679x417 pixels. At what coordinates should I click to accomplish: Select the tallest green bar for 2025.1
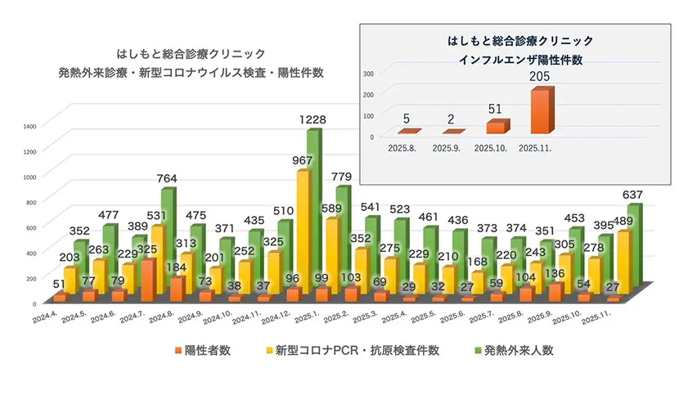pos(313,213)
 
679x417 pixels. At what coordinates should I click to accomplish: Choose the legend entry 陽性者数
pos(202,350)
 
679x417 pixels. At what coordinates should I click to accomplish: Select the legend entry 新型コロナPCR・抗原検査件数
pos(354,350)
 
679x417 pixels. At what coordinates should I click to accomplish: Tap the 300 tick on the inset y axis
pos(368,73)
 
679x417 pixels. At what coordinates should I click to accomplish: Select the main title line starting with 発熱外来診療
pos(191,72)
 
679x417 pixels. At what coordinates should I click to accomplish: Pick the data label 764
pos(168,179)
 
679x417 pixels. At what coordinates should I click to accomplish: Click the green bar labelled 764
pos(167,237)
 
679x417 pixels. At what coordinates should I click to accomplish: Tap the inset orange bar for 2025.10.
pos(495,128)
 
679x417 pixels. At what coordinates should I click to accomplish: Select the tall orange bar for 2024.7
pos(147,280)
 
